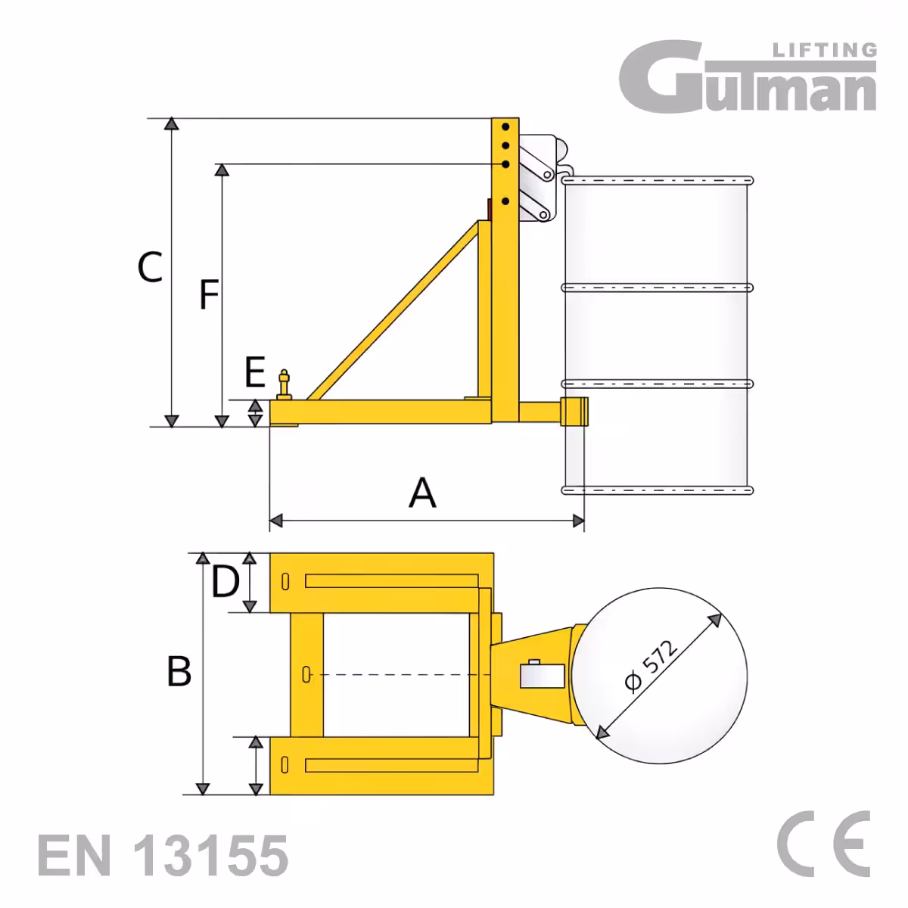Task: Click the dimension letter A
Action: point(422,493)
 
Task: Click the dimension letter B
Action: point(179,671)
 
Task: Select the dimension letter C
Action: point(150,267)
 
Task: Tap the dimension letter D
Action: point(225,581)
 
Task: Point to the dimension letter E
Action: point(255,372)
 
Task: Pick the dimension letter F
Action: point(209,294)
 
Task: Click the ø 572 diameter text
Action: point(651,667)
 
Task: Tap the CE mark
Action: point(823,844)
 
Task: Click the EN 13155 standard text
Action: point(163,855)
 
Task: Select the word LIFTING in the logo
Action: point(825,51)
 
